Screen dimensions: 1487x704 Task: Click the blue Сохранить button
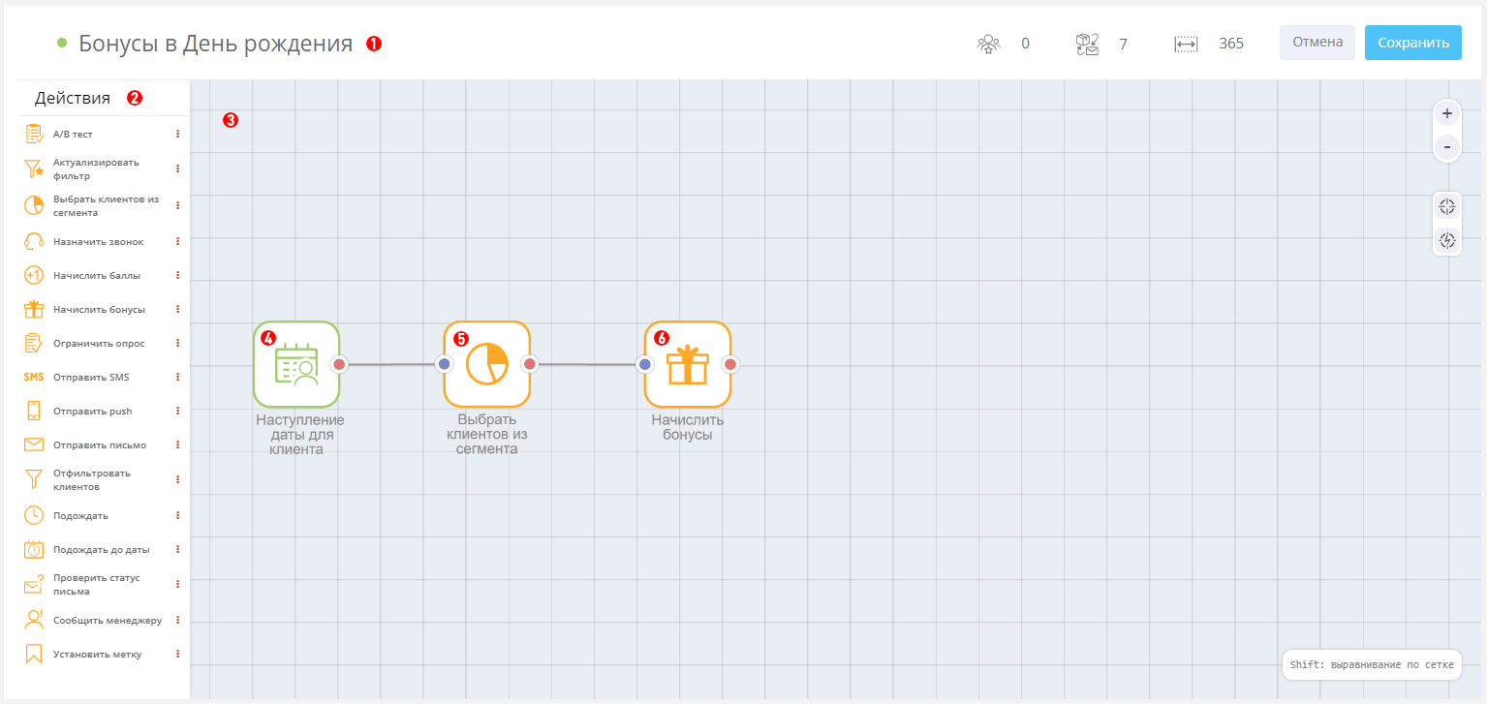pos(1412,43)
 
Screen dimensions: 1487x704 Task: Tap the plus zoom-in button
pos(1447,113)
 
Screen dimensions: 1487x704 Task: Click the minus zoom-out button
pos(1447,146)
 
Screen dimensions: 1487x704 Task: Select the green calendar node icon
pos(296,364)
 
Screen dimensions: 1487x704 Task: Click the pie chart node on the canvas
pos(486,364)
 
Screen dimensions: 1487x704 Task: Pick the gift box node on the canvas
pos(687,364)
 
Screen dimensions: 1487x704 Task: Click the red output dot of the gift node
pos(730,364)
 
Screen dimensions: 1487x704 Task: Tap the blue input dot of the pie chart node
pos(444,364)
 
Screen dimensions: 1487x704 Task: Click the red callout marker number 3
pos(231,120)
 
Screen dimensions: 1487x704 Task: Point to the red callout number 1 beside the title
pos(374,44)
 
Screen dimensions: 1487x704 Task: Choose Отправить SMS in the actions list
pos(91,377)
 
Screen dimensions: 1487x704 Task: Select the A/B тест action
pos(73,134)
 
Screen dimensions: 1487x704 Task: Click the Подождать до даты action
pos(101,549)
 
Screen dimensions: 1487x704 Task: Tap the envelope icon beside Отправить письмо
pos(33,444)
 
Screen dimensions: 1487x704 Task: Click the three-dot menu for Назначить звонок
pos(177,241)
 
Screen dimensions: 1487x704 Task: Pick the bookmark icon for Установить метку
pos(33,654)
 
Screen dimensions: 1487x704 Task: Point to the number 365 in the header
pos(1230,44)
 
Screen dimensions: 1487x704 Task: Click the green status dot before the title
pos(62,44)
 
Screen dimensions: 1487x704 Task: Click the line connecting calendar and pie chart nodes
pos(391,364)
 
